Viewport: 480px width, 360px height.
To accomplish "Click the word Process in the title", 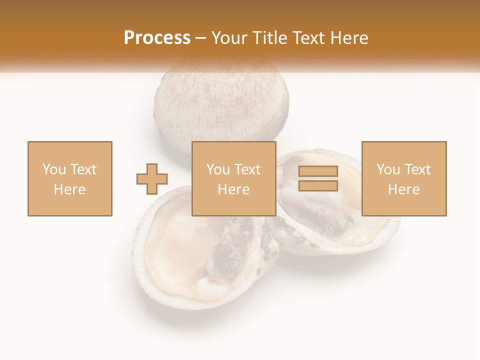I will pos(157,38).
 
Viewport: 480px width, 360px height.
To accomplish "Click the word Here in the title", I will pos(349,38).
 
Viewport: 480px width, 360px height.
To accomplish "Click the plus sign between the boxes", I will pos(152,178).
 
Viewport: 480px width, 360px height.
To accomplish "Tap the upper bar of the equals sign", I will pos(318,171).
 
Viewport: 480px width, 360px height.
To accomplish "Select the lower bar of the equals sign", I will pos(318,186).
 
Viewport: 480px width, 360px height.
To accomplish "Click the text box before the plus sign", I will pos(69,178).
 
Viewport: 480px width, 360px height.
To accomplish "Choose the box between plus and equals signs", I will pos(233,178).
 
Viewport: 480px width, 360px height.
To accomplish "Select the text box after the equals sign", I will pos(403,178).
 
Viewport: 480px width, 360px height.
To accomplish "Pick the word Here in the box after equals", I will pos(403,189).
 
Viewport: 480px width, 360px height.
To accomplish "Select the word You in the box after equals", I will pos(387,169).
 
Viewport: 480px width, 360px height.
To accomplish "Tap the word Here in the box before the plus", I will pos(69,189).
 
